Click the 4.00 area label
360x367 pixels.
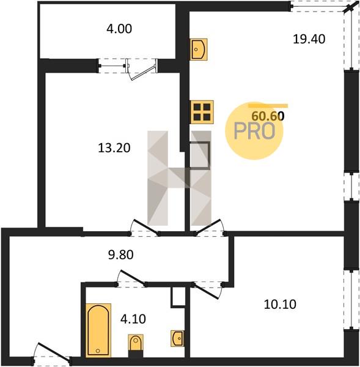pos(119,29)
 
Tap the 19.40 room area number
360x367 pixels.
pos(309,39)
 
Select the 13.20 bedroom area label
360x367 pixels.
pos(114,148)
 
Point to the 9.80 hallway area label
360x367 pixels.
pos(120,254)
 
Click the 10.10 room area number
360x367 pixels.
pos(280,305)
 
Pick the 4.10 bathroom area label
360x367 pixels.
pos(133,319)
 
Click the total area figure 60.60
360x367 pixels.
pos(268,116)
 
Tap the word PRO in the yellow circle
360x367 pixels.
pos(254,131)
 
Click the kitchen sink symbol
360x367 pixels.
pos(199,50)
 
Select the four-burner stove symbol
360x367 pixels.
pos(202,112)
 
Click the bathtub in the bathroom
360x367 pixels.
pos(98,330)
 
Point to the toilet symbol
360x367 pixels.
pos(136,345)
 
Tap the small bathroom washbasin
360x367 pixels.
pos(177,338)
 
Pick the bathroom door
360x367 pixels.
pos(131,278)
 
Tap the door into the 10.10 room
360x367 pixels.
pos(208,290)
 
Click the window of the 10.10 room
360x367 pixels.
pos(351,299)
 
